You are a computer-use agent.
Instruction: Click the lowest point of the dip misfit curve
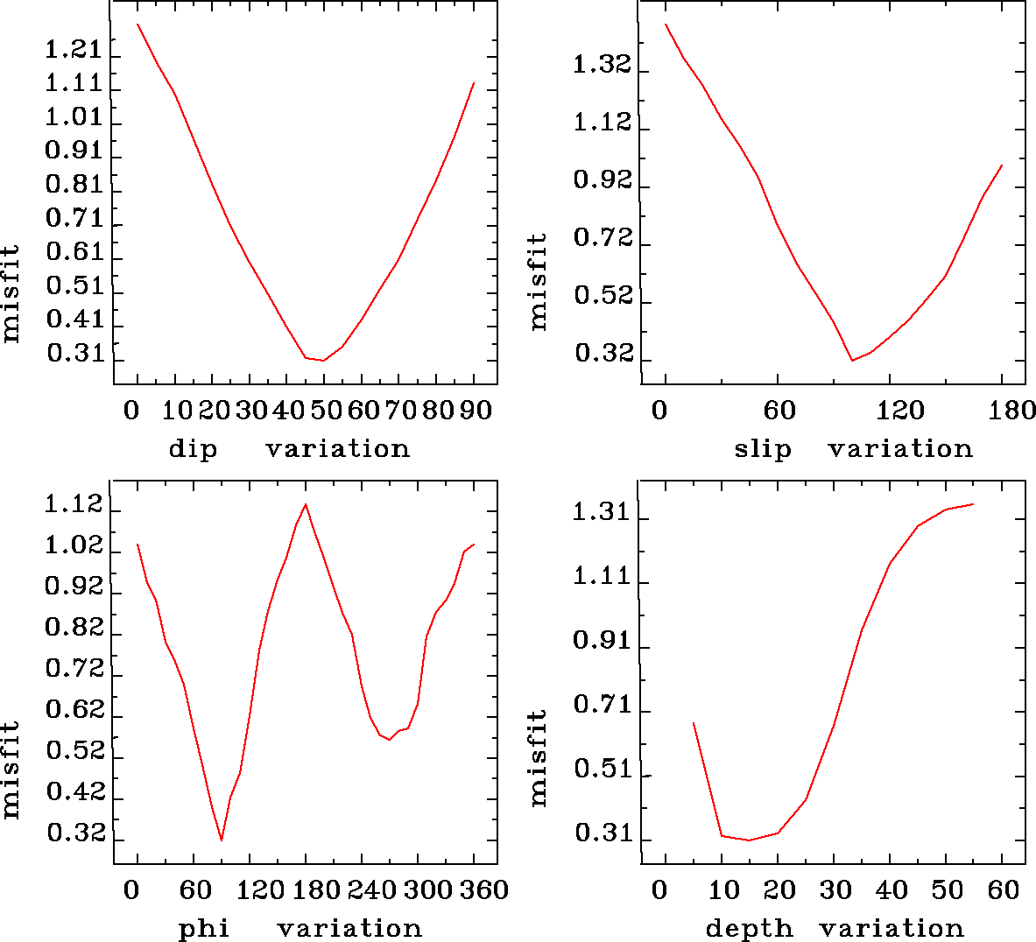(323, 360)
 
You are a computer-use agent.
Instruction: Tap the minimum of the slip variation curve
(852, 360)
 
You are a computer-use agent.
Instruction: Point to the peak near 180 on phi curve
(306, 504)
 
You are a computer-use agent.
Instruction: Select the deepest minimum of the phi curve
(222, 840)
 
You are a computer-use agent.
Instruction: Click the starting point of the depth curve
(694, 723)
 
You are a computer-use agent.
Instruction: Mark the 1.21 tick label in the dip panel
(74, 49)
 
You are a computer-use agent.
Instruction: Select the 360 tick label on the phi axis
(484, 889)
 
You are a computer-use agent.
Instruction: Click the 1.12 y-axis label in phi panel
(74, 505)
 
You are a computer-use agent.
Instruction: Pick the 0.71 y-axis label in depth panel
(602, 705)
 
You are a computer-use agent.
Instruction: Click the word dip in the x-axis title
(193, 449)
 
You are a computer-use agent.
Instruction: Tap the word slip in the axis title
(763, 449)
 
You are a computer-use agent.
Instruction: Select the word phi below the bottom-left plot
(204, 928)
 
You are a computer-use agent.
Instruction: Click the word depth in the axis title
(750, 928)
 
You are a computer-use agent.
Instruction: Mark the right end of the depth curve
(973, 504)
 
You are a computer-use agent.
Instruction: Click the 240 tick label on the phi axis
(369, 889)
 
